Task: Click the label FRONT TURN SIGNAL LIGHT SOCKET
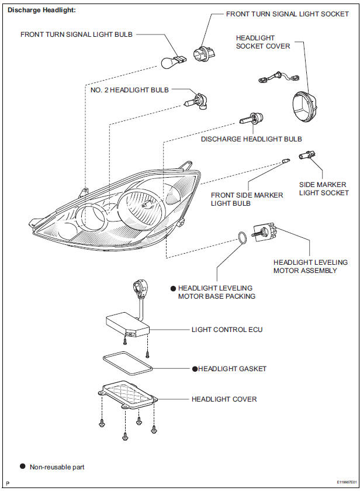287,13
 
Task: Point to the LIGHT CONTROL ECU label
227,330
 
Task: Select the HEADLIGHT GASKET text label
232,369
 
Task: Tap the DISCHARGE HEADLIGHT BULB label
251,139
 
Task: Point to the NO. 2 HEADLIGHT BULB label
129,90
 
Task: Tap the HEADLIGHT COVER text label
224,399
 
